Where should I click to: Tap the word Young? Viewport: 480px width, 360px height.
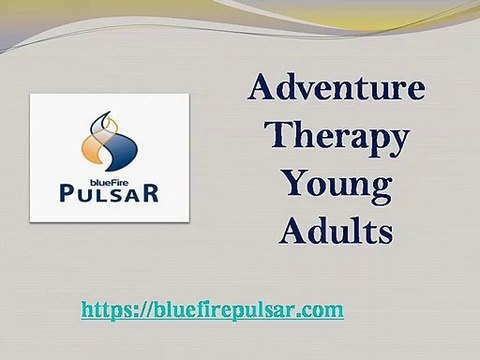[x=336, y=186]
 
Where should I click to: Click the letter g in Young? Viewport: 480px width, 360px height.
[x=375, y=190]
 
